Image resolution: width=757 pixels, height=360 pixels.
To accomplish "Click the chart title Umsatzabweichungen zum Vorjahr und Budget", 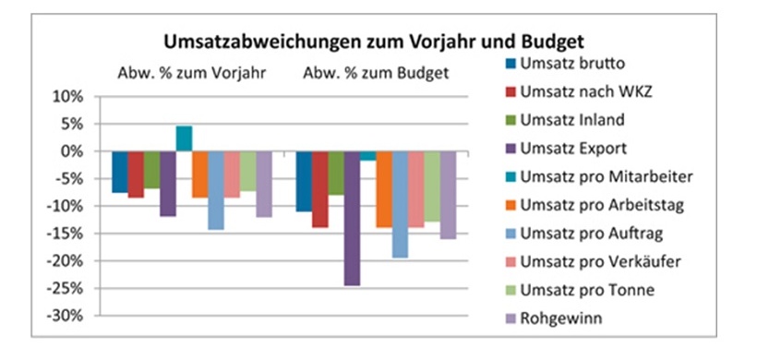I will [x=376, y=42].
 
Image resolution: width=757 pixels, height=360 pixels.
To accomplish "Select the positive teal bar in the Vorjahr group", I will [x=184, y=138].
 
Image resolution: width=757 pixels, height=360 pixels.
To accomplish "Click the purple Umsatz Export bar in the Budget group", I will [x=351, y=218].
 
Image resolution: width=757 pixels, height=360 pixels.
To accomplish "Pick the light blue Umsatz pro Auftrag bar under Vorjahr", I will [x=216, y=190].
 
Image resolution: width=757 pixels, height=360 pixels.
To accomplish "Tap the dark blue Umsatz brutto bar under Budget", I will [x=304, y=181].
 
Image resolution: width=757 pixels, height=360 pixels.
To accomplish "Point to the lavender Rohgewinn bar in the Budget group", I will [x=448, y=195].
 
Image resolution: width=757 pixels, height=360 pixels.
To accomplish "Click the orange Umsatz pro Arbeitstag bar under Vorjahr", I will [x=199, y=174].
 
